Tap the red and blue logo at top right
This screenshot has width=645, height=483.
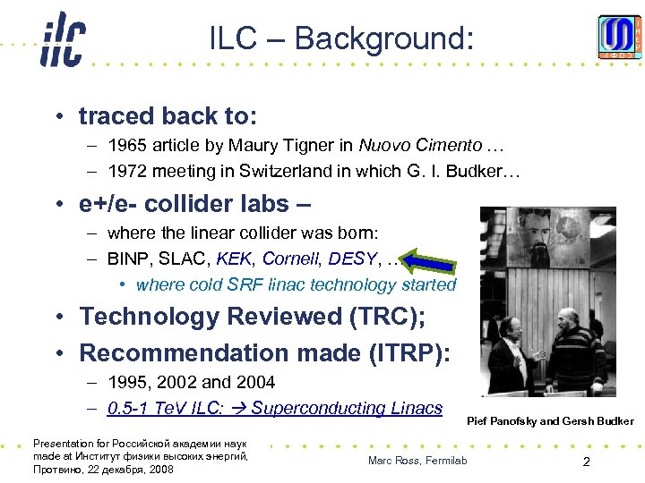click(620, 38)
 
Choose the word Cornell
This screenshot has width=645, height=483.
click(290, 260)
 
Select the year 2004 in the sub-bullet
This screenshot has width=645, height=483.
click(256, 383)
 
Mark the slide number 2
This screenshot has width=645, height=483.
click(585, 462)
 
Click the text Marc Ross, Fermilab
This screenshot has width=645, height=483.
click(417, 461)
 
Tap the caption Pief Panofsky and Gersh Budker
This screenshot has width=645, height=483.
click(550, 420)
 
